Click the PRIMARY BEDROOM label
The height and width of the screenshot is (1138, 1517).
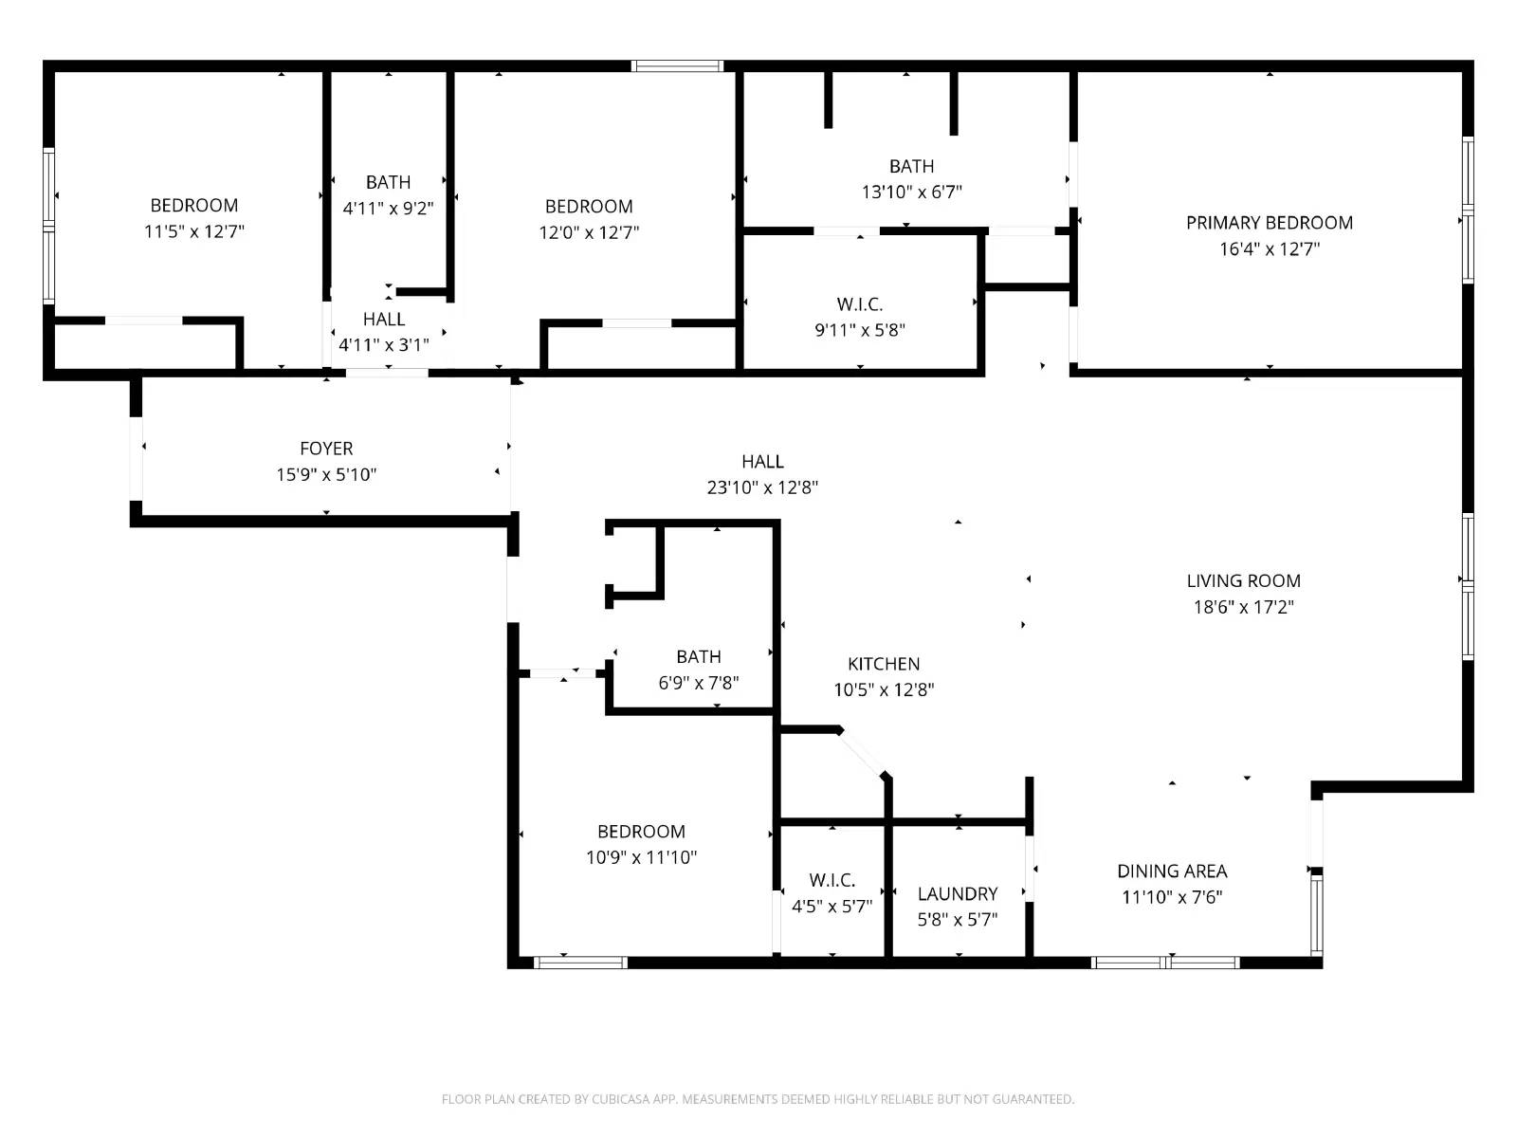(1269, 223)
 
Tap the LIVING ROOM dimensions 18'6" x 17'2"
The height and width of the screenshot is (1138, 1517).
(1243, 607)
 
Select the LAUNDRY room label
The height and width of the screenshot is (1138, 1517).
(957, 893)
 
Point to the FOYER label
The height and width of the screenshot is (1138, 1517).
(326, 449)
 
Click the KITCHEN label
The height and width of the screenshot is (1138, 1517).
(883, 664)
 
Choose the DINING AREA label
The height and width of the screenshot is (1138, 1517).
(1172, 871)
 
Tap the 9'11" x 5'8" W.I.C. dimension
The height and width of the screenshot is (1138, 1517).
(860, 330)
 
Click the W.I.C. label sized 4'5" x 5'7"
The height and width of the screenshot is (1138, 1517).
(832, 880)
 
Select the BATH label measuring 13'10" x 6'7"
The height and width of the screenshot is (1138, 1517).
(911, 166)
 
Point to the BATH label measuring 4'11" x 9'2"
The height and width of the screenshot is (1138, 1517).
(388, 182)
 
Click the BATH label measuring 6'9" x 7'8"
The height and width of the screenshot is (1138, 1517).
(698, 656)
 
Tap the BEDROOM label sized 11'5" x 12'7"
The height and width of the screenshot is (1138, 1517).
(193, 206)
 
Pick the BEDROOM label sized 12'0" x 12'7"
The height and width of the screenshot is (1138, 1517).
(589, 207)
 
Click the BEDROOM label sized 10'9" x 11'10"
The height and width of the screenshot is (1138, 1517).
(641, 832)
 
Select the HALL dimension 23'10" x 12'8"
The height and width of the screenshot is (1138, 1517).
(762, 487)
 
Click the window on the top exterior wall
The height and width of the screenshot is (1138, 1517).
(677, 66)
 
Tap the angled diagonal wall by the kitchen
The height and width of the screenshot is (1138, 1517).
(862, 753)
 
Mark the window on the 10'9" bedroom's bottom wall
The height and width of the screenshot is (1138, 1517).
(580, 963)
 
